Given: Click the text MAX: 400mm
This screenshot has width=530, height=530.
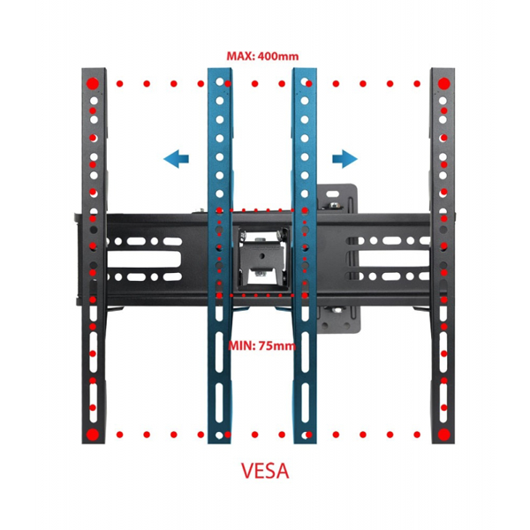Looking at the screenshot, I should pyautogui.click(x=262, y=57).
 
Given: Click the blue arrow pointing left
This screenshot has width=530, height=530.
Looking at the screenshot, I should pyautogui.click(x=177, y=158).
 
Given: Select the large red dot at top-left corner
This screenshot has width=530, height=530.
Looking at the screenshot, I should pyautogui.click(x=93, y=84).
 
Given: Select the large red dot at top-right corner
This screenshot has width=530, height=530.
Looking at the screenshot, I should pyautogui.click(x=442, y=84).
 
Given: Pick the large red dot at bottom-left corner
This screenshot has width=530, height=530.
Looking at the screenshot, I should pyautogui.click(x=93, y=435).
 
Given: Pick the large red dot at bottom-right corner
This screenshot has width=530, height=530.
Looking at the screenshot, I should pyautogui.click(x=442, y=435).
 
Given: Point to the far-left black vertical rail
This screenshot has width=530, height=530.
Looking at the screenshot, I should pyautogui.click(x=93, y=265).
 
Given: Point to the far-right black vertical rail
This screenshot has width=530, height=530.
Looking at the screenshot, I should pyautogui.click(x=442, y=265).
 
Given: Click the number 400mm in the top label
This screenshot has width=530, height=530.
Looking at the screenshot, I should pyautogui.click(x=276, y=57).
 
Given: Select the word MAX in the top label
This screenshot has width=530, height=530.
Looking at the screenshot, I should pyautogui.click(x=239, y=57).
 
